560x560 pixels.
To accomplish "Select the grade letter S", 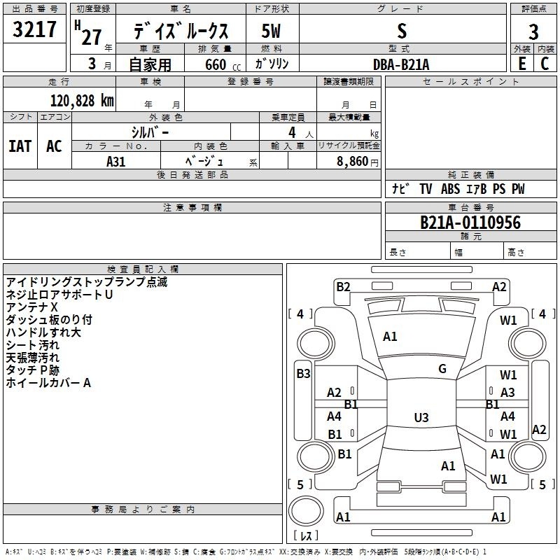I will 401,31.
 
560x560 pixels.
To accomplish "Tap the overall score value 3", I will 533,32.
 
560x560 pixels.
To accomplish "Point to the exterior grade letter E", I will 521,63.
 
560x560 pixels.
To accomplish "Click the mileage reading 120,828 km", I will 82,100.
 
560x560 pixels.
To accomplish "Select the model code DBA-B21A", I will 401,64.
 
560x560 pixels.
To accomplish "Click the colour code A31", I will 116,161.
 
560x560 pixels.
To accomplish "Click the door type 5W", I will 272,31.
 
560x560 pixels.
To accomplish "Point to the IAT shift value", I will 20,146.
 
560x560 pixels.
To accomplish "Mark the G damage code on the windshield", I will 442,368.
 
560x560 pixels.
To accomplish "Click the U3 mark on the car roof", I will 421,418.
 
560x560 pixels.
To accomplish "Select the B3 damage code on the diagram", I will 303,374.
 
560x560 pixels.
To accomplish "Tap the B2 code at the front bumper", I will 343,286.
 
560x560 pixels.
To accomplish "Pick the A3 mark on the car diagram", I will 507,393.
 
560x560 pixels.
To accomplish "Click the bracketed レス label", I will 307,538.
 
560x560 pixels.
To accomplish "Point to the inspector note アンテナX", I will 31,307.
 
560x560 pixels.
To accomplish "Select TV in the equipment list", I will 426,189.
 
